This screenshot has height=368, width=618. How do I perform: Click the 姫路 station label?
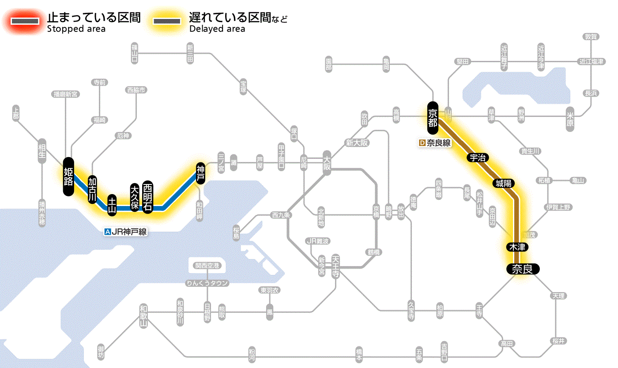pyautogui.click(x=68, y=176)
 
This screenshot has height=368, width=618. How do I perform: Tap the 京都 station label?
pyautogui.click(x=433, y=117)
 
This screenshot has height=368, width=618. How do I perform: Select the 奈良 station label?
pyautogui.click(x=522, y=269)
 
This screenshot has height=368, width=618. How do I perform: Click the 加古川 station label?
pyautogui.click(x=92, y=190)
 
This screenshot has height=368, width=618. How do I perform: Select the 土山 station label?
pyautogui.click(x=113, y=205)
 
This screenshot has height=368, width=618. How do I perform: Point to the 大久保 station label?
pyautogui.click(x=135, y=197)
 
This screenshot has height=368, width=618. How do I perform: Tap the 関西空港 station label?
pyautogui.click(x=207, y=266)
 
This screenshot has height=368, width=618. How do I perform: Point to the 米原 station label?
pyautogui.click(x=571, y=119)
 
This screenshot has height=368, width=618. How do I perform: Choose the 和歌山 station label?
pyautogui.click(x=143, y=315)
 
